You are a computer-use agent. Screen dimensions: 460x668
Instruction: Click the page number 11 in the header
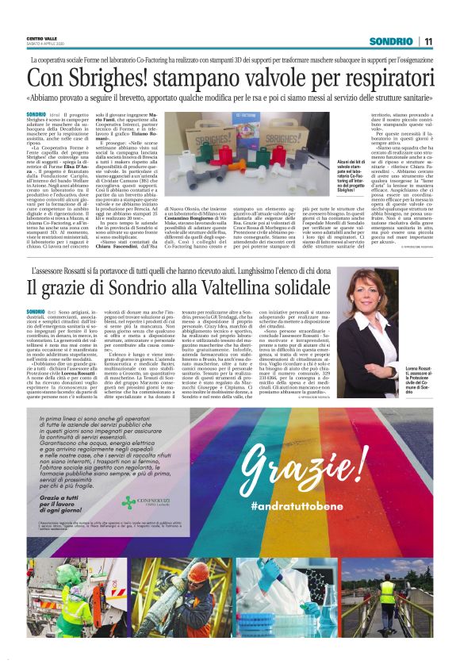pos(428,41)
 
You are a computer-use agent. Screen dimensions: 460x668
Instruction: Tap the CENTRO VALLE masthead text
pos(41,37)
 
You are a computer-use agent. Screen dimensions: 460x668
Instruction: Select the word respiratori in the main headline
pos(381,79)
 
